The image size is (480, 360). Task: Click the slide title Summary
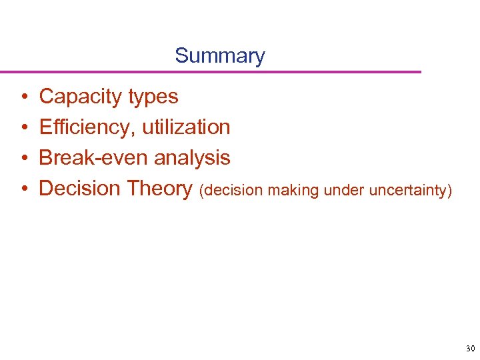click(x=219, y=55)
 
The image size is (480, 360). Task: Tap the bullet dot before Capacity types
click(x=23, y=97)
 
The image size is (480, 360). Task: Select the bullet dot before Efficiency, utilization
click(x=23, y=128)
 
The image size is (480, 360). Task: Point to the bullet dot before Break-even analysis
click(x=23, y=159)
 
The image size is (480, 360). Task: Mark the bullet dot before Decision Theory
click(x=23, y=189)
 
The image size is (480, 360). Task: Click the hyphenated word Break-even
click(x=94, y=158)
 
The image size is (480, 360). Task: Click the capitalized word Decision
click(x=81, y=189)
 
